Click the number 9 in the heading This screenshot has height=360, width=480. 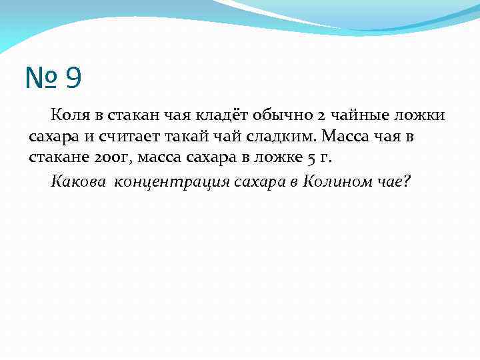tap(74, 79)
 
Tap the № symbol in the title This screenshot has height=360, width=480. tap(42, 79)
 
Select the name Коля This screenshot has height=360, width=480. tap(69, 116)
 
